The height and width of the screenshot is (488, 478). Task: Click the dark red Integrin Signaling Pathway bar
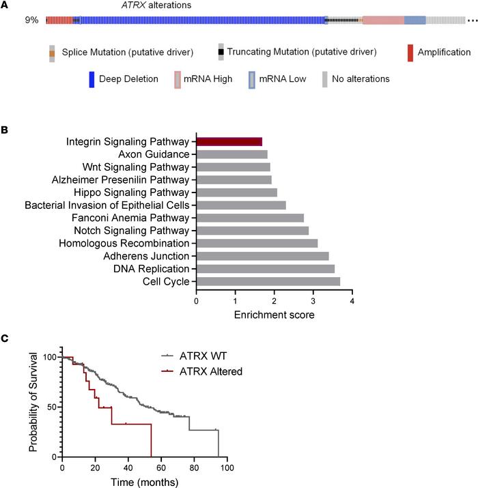(x=229, y=142)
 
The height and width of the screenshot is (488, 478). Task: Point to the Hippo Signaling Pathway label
(x=136, y=192)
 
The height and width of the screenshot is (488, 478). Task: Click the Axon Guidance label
(x=156, y=154)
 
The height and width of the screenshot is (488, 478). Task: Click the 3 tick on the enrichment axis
(x=313, y=299)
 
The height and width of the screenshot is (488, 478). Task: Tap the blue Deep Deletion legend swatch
(x=92, y=79)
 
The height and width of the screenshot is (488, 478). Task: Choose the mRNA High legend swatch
(x=178, y=79)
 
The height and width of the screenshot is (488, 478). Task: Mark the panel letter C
(x=5, y=336)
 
